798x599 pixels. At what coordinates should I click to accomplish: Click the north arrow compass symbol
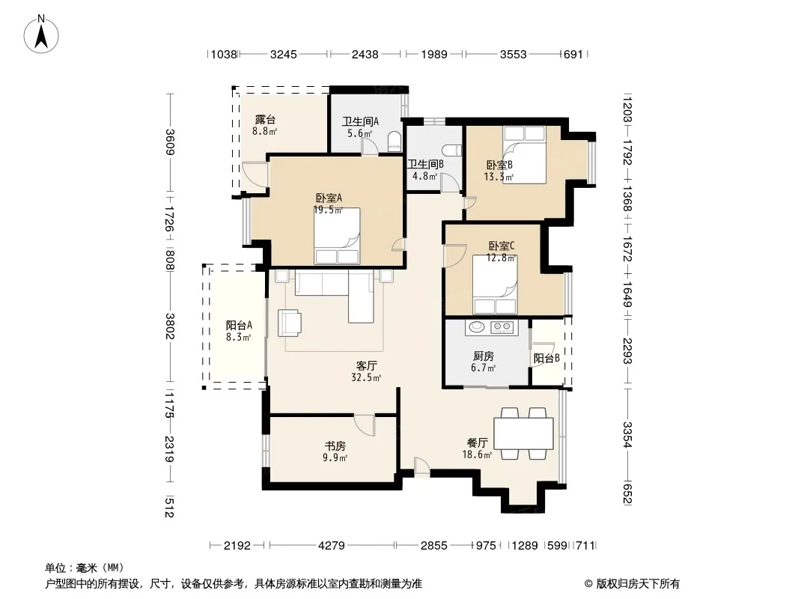point(41,34)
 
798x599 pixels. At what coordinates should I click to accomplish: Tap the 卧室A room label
point(329,198)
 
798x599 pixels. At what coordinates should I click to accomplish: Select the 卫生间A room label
point(360,121)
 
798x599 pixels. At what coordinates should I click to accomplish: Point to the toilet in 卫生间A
point(395,142)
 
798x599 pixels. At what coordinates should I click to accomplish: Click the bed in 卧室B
point(524,155)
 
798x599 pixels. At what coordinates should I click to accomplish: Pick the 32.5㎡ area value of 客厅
point(366,377)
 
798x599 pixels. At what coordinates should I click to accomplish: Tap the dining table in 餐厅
point(524,433)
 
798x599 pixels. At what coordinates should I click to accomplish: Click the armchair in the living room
point(290,323)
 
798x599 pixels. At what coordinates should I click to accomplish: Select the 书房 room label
point(335,446)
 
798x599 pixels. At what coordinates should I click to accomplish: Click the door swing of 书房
point(365,425)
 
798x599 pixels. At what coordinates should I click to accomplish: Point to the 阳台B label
point(546,359)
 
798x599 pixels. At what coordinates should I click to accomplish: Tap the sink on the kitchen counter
point(477,326)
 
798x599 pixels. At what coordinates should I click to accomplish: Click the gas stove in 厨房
point(502,326)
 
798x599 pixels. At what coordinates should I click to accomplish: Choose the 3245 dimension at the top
point(284,54)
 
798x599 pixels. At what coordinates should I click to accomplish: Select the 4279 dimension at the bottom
point(332,545)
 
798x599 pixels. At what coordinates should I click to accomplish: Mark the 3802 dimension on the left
point(170,326)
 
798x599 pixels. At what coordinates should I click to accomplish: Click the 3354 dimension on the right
point(627,434)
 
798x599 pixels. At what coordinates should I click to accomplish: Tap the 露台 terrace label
point(265,120)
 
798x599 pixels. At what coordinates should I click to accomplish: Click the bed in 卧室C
point(495,285)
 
